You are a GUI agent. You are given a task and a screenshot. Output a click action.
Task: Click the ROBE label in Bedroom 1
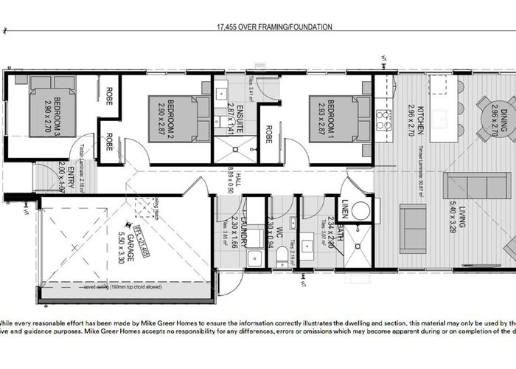pos(269,136)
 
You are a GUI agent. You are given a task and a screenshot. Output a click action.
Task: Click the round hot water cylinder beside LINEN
pos(360,210)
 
